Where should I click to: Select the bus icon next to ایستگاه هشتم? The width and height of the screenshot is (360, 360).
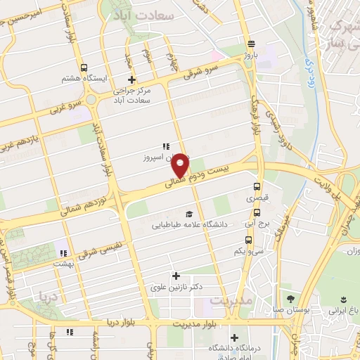pos(84,68)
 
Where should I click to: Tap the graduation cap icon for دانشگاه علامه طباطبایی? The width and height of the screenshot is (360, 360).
pos(188,214)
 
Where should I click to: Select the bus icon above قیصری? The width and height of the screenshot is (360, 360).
pos(257,188)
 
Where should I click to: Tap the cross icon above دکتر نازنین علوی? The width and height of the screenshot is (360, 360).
pos(176,276)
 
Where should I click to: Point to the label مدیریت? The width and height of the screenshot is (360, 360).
pos(226,301)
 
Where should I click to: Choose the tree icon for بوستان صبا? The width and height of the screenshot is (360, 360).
pos(291,299)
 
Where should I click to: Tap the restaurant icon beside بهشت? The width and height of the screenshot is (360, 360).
pos(63,253)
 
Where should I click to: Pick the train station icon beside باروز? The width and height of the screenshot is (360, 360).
pos(250,42)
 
